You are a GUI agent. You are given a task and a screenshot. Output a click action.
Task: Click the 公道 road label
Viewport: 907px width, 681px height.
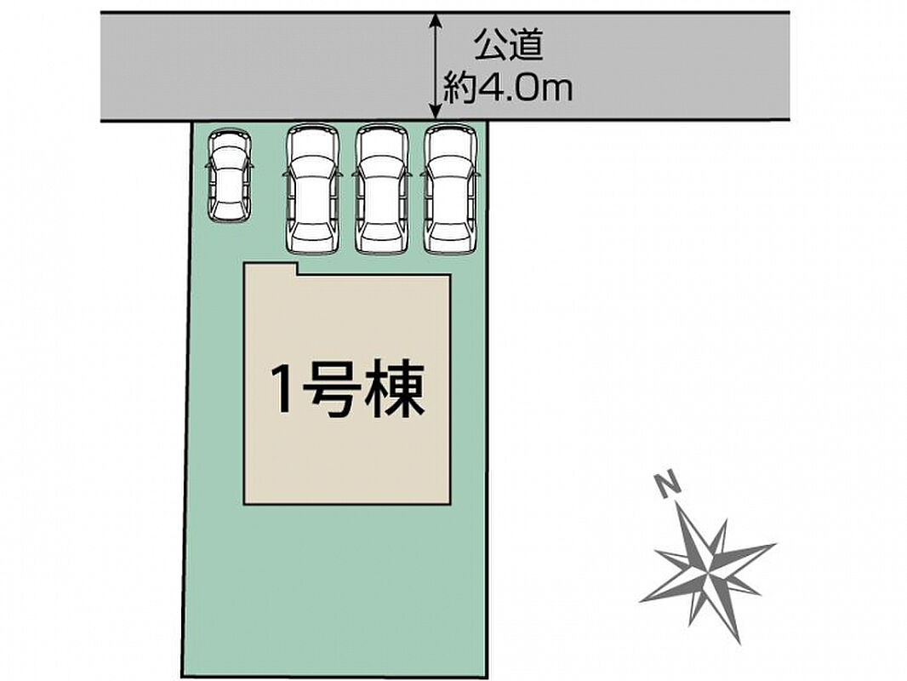coord(509,46)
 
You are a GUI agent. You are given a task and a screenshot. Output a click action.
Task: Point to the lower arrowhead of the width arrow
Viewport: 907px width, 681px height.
coord(436,113)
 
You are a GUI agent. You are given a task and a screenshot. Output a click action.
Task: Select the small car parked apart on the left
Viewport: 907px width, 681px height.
coord(230,175)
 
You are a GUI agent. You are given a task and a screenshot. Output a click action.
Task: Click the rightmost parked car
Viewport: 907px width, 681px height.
coord(451,189)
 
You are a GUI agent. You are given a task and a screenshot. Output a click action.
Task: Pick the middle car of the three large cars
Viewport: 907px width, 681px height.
coord(382,189)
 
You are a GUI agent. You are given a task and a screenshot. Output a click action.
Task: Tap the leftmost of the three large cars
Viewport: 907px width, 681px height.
coord(313,189)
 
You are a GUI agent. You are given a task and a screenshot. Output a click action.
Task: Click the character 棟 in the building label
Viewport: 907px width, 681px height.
coord(396,389)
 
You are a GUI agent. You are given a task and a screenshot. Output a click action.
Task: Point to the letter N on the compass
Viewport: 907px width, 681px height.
coord(668,484)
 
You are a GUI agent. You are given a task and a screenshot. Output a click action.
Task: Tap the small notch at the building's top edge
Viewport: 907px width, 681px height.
coord(298,269)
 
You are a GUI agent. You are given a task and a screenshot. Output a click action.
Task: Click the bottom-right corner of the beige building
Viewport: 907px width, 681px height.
coord(450,504)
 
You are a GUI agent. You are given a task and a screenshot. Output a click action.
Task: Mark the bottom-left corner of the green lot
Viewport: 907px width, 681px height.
coord(181,676)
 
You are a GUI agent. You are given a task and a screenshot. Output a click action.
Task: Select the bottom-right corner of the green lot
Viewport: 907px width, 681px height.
coord(487,677)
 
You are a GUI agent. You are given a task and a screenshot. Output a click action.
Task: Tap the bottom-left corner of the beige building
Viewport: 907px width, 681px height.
coord(245,504)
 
